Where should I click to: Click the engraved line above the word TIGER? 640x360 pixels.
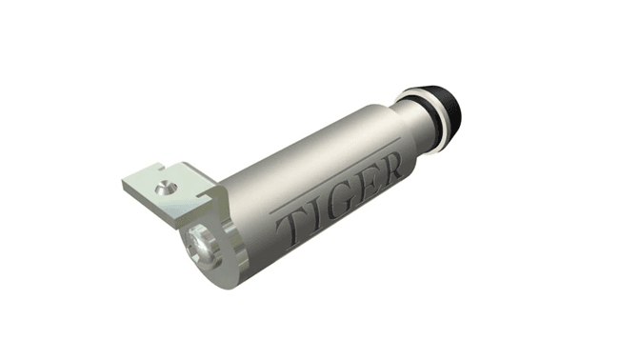(x=335, y=174)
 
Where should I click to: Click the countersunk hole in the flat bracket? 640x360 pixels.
(x=166, y=189)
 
